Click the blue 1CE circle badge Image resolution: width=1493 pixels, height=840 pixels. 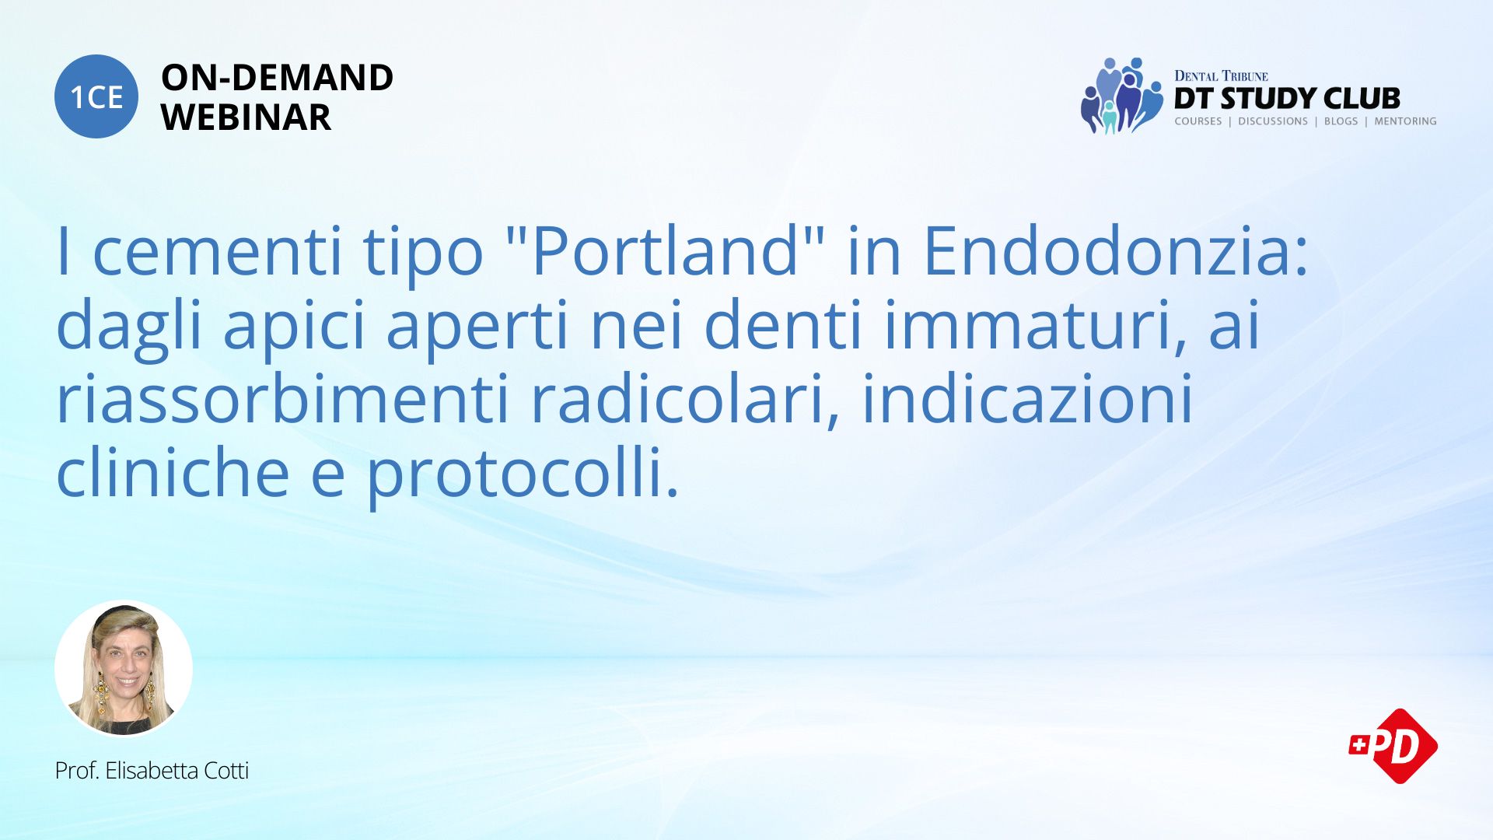[96, 96]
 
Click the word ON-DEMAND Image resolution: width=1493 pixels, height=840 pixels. [277, 78]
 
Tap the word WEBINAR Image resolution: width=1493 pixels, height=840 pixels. [246, 117]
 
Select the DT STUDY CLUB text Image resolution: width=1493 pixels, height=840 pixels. [1287, 98]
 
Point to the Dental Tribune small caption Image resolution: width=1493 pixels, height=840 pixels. [1221, 75]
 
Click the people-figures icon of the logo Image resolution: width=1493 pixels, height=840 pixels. [1120, 96]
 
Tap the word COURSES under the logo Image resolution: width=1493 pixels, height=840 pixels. [1198, 121]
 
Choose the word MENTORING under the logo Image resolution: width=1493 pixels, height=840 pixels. [1405, 121]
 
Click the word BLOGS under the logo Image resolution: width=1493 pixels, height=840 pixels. [1341, 121]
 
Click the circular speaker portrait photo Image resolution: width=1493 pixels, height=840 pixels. [124, 669]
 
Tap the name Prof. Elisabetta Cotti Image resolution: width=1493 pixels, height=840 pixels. [152, 771]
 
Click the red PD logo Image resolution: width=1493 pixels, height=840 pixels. [1393, 746]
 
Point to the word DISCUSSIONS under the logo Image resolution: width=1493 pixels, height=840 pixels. [1272, 121]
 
